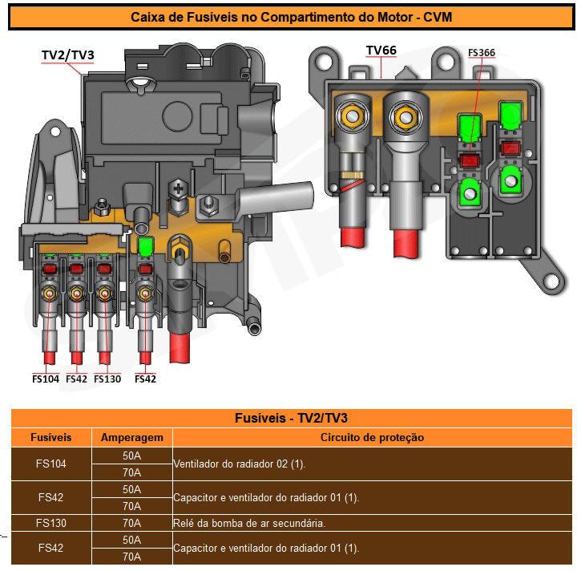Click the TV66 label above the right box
pos(381,50)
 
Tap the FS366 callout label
pos(482,53)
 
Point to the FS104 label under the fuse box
pos(46,379)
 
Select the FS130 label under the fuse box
pos(107,379)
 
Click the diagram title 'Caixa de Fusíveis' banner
pos(290,17)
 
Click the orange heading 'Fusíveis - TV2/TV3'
pos(290,418)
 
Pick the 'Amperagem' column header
pos(132,438)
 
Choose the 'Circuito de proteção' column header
pos(372,438)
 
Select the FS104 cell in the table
pos(51,464)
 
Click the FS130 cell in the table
pos(51,523)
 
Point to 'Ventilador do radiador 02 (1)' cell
pos(240,464)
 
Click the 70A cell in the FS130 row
pos(132,523)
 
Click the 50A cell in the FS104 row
pos(132,456)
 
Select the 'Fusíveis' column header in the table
pos(51,438)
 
